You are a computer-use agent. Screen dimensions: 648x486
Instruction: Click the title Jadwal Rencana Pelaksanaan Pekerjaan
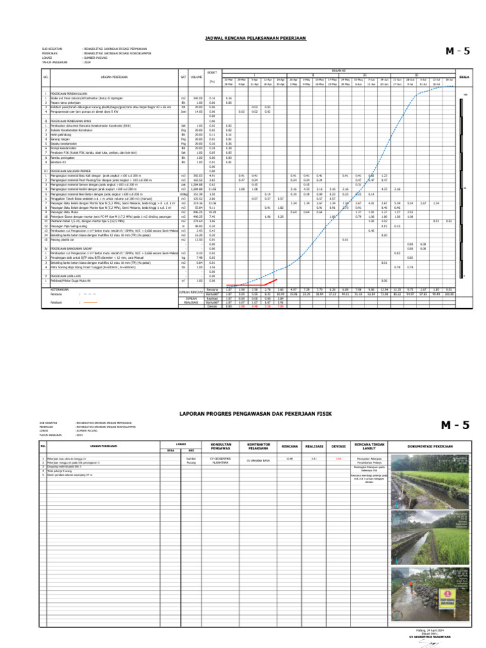255,39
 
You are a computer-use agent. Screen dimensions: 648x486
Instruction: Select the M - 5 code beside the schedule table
458,52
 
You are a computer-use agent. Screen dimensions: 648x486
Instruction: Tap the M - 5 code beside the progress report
454,425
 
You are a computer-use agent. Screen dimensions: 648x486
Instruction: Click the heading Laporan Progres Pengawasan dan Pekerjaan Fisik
255,413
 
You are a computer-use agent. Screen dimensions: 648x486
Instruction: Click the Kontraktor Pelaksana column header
259,445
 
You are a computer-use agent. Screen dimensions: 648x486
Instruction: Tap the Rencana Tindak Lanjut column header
370,445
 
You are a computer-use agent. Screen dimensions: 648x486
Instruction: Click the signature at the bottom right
433,642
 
